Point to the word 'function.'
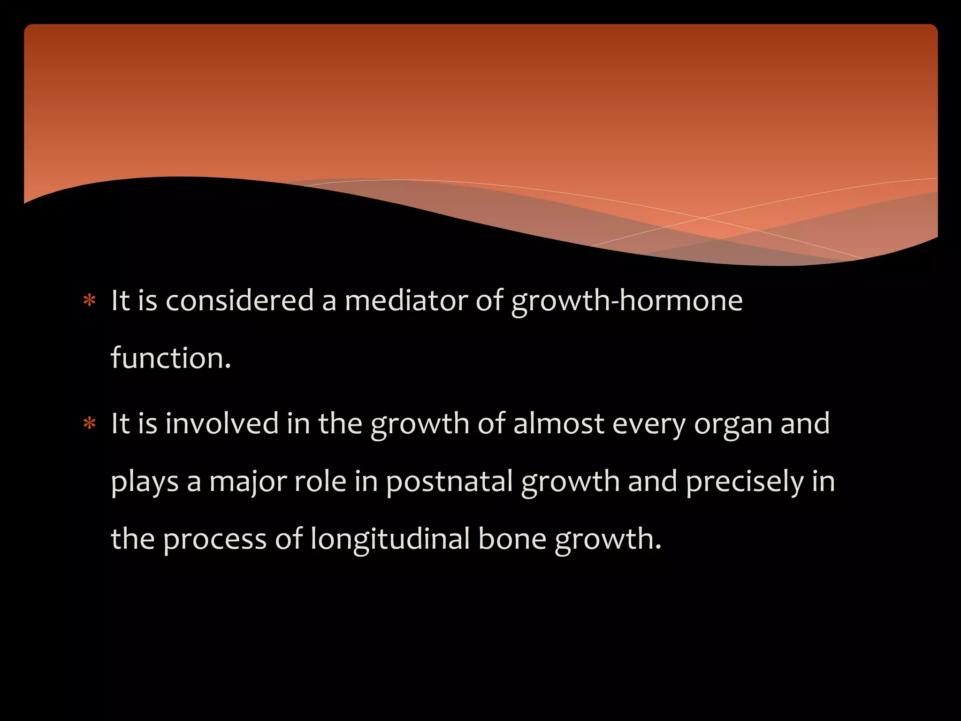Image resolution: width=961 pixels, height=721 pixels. click(x=171, y=358)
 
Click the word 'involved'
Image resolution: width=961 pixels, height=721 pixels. click(x=222, y=423)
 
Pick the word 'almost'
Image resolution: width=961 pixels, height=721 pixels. click(x=558, y=423)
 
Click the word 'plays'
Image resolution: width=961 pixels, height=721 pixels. click(x=145, y=483)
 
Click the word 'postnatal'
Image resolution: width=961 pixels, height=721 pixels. click(x=449, y=482)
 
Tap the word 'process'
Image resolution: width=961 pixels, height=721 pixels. click(x=215, y=540)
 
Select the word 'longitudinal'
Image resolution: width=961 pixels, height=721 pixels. click(x=390, y=540)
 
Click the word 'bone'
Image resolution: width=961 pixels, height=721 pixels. click(x=512, y=539)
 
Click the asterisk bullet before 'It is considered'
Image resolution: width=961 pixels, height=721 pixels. click(x=89, y=301)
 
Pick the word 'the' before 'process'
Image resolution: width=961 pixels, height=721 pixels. click(x=133, y=539)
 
